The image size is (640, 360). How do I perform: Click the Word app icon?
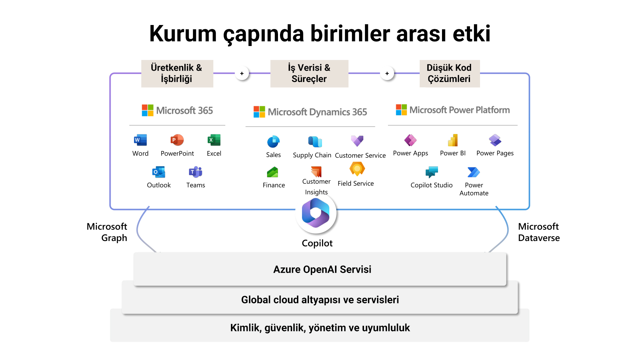(140, 140)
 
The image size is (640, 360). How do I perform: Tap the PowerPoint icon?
(177, 140)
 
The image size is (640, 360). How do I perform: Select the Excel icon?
(214, 140)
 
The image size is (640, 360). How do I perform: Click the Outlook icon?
(159, 172)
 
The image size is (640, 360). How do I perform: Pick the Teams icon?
(196, 172)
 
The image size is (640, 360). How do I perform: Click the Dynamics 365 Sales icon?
(273, 142)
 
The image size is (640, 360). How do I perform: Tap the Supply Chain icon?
(315, 142)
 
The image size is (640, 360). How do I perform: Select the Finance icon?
(273, 172)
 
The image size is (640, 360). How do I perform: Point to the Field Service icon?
(357, 169)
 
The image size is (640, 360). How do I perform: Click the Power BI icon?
(453, 140)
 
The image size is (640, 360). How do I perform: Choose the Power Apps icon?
(410, 140)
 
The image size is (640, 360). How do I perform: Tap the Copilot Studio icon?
(432, 172)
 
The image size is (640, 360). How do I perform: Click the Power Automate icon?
(474, 172)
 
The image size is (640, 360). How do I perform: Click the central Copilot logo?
(316, 213)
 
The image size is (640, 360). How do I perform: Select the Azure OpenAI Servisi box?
(320, 269)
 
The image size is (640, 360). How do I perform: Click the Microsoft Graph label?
(107, 232)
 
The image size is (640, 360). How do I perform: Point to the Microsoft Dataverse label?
(539, 232)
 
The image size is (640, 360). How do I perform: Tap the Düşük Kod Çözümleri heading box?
(449, 73)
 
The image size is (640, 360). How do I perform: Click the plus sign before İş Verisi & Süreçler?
(242, 73)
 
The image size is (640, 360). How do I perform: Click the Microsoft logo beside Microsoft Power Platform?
(401, 110)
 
